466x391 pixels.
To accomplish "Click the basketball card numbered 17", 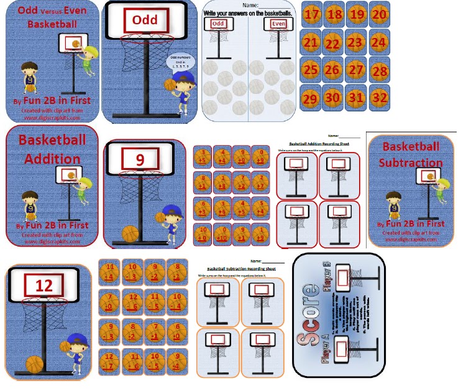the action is (x=313, y=14).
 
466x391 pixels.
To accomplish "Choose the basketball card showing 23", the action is (x=355, y=42).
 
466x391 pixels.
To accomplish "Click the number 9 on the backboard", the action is (x=140, y=160).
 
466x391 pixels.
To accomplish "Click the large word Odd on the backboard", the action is (x=145, y=20).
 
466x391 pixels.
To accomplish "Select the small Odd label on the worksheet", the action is (x=217, y=24).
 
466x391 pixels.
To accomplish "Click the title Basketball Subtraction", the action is (x=411, y=154).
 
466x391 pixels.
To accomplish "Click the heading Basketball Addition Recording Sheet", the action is (x=313, y=143).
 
